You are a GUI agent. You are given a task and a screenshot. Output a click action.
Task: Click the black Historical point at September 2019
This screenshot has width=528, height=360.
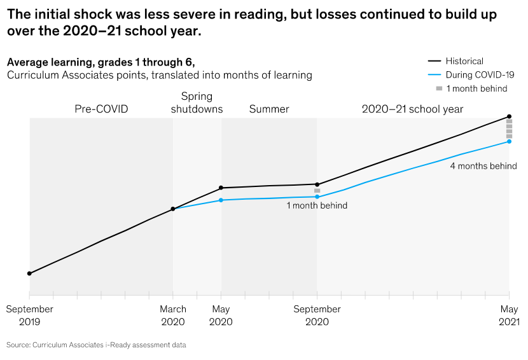coord(29,273)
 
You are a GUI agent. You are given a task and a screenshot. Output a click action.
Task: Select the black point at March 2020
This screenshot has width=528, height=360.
coord(173,209)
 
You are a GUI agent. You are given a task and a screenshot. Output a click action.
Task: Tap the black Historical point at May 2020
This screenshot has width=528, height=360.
coord(221,188)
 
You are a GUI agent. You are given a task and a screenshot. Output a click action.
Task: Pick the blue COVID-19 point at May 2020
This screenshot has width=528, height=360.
coord(221,200)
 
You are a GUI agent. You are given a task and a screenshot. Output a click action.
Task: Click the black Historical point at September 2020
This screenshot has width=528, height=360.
coord(317,184)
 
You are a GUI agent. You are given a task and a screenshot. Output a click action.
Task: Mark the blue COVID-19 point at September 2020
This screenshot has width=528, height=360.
coord(317,197)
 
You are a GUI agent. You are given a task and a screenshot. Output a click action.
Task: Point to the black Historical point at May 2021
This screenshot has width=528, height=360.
coord(509,117)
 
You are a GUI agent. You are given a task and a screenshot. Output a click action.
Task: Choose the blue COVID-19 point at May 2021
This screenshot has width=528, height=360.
coord(509,141)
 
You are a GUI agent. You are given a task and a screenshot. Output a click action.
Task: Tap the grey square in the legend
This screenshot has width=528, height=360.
coord(439,88)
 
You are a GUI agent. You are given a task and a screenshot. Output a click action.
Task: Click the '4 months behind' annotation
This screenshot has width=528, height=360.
coord(483,166)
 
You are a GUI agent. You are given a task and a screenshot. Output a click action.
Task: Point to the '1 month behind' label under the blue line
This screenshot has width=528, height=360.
coord(317,205)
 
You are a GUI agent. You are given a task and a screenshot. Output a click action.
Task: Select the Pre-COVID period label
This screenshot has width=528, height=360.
coord(101,109)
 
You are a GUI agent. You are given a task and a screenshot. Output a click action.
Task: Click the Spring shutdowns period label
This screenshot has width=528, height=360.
coord(197,102)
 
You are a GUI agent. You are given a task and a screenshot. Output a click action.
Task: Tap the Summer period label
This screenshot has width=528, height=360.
coord(269,109)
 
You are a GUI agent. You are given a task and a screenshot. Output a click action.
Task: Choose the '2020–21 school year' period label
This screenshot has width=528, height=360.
coord(412,109)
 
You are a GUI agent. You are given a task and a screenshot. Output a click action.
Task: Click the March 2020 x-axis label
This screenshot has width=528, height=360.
coord(173,315)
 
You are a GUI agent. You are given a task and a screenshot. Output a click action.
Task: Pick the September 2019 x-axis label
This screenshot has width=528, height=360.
coord(29,315)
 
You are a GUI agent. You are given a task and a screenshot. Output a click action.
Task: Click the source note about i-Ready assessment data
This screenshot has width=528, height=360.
coord(97,345)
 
